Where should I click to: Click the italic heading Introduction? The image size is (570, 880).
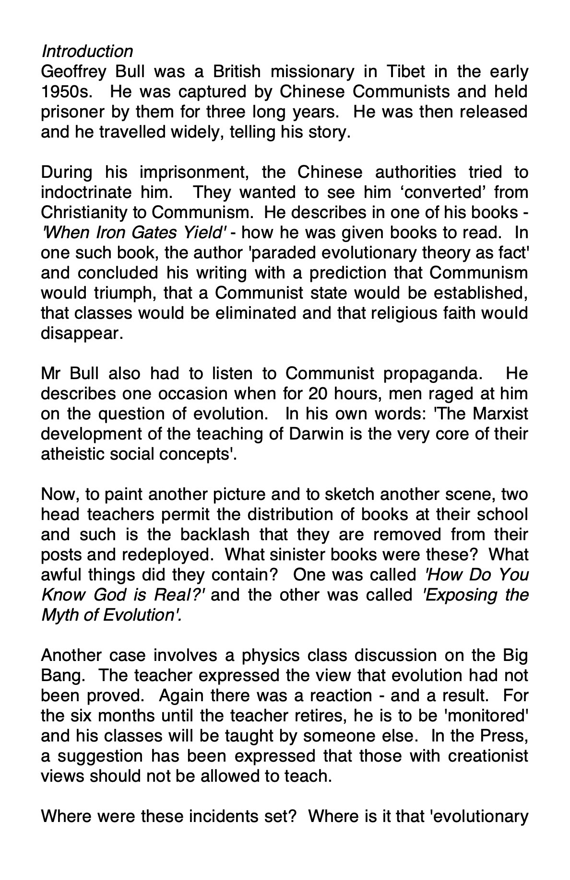(87, 51)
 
